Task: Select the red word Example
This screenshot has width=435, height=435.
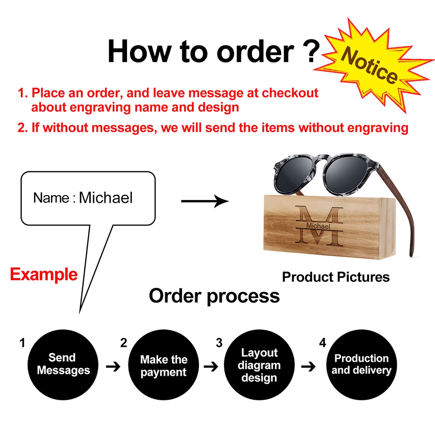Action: click(x=43, y=274)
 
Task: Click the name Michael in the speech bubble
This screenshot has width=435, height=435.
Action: click(x=106, y=198)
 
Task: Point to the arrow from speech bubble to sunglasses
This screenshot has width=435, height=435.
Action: click(x=204, y=201)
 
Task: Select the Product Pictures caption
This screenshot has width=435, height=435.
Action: click(x=336, y=277)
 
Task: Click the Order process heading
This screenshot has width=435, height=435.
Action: click(x=214, y=296)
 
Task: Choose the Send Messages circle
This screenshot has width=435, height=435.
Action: click(x=63, y=365)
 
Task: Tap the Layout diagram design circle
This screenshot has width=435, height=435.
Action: click(x=259, y=365)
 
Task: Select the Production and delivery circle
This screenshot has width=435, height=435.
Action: click(x=361, y=365)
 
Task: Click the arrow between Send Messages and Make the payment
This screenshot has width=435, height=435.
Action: click(x=114, y=367)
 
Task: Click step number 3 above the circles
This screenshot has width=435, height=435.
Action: click(x=219, y=343)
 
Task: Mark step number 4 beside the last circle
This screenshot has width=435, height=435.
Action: click(x=322, y=343)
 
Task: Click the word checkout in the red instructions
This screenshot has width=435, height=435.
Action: click(x=290, y=93)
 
